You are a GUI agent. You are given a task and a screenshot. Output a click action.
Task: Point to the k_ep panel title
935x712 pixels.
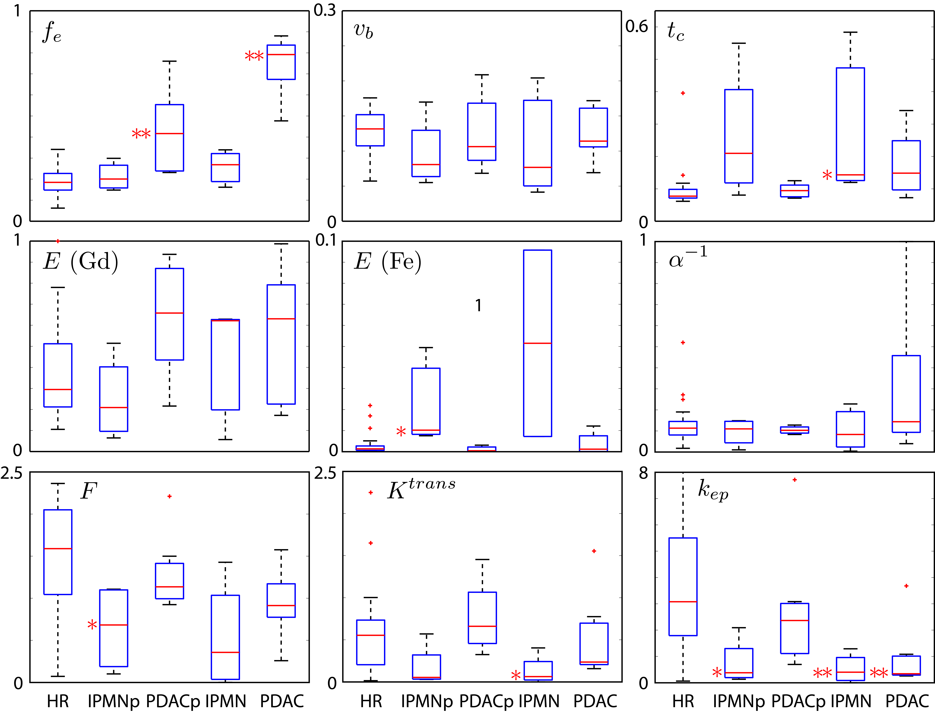click(x=713, y=490)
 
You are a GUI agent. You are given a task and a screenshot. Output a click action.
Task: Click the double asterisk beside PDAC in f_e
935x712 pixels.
click(x=254, y=56)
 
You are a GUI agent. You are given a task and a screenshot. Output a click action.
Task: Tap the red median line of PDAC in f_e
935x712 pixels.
click(x=281, y=55)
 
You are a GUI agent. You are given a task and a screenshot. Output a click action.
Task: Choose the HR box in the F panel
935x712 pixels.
click(x=58, y=552)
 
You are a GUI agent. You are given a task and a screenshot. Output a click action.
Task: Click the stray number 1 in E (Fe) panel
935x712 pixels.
click(x=478, y=305)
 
